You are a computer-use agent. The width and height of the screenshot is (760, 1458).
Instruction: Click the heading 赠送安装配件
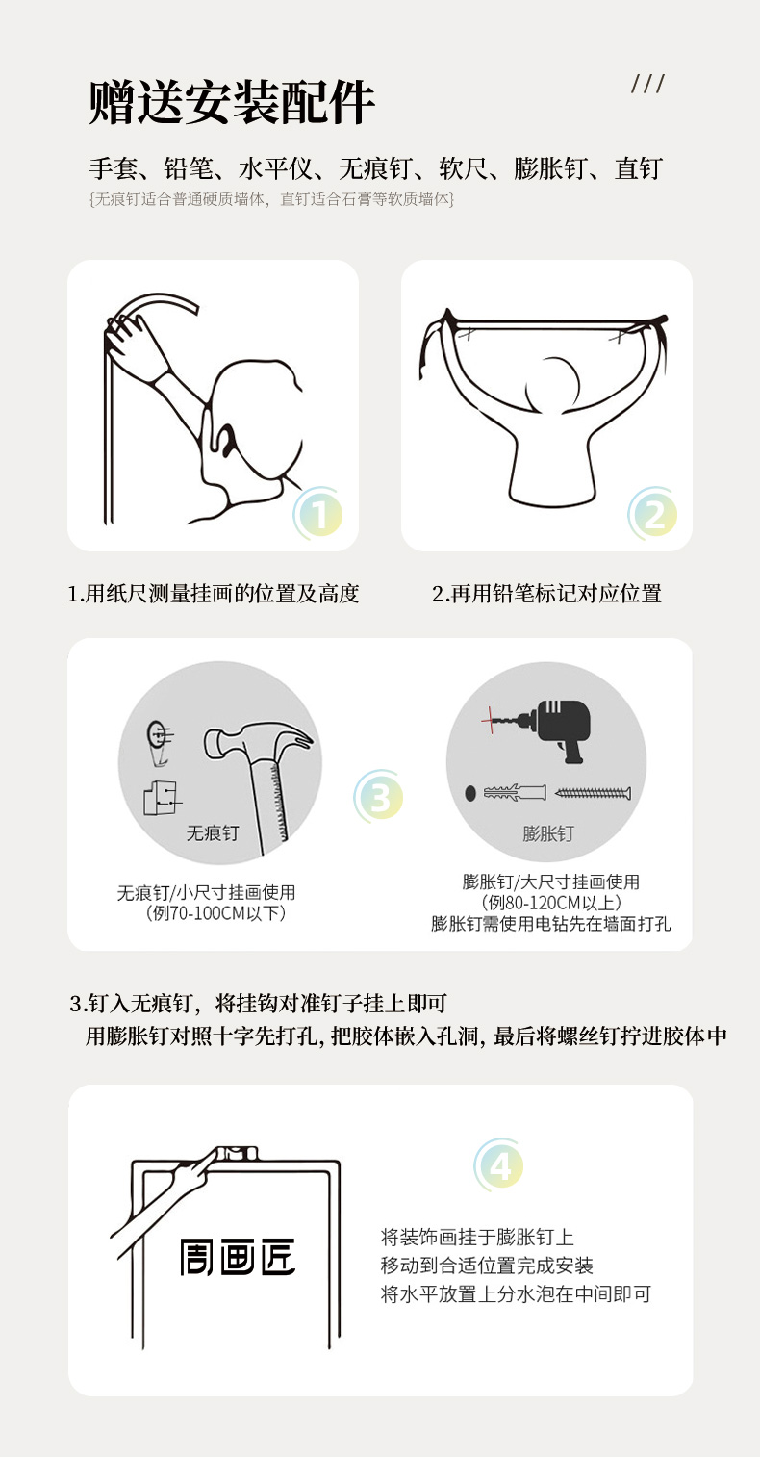232,102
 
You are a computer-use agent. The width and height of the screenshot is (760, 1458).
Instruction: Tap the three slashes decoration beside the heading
647,84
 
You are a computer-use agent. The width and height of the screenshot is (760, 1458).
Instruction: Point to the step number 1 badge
318,514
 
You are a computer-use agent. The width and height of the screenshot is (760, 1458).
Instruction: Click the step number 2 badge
653,514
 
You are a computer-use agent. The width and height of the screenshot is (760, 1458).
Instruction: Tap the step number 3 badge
379,796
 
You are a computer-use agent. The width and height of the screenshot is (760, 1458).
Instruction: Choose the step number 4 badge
499,1165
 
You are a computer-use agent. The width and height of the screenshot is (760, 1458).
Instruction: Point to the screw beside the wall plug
593,793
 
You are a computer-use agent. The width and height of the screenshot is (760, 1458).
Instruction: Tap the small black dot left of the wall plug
470,793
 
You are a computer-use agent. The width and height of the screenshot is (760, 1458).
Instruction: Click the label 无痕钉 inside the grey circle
213,833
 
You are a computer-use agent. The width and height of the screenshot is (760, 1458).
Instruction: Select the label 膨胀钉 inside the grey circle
548,833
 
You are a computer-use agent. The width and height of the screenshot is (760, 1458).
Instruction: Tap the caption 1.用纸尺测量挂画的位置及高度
214,594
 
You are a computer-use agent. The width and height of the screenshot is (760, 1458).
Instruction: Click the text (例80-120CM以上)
551,903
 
